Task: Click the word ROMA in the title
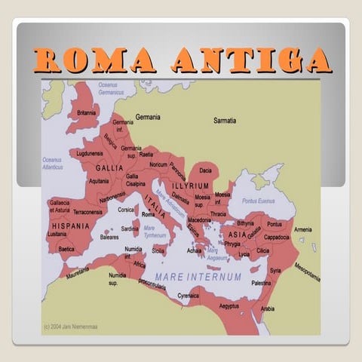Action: [x=89, y=60]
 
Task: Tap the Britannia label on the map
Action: [x=87, y=113]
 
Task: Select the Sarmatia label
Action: [x=224, y=121]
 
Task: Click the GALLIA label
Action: [x=110, y=167]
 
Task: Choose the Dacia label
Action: [x=206, y=170]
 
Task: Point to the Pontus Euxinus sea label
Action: [x=258, y=201]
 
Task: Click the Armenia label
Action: [x=302, y=229]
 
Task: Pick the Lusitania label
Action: [x=57, y=235]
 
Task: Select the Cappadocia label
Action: [x=277, y=237]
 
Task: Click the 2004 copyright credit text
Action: [x=74, y=327]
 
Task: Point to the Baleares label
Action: [x=109, y=237]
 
